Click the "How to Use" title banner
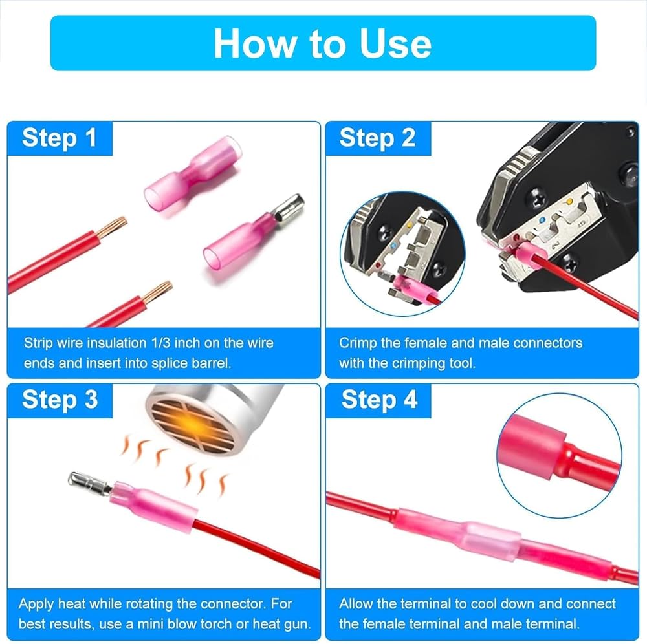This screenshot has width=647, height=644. pos(323,43)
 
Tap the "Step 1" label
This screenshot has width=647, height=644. pos(60,138)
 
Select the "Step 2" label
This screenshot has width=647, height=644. pos(377,138)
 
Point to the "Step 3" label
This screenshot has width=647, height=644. pos(60,400)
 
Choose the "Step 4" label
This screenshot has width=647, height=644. pos(379,400)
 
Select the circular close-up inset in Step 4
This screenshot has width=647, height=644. pos(559,456)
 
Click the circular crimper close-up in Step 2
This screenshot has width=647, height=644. pos(402,254)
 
